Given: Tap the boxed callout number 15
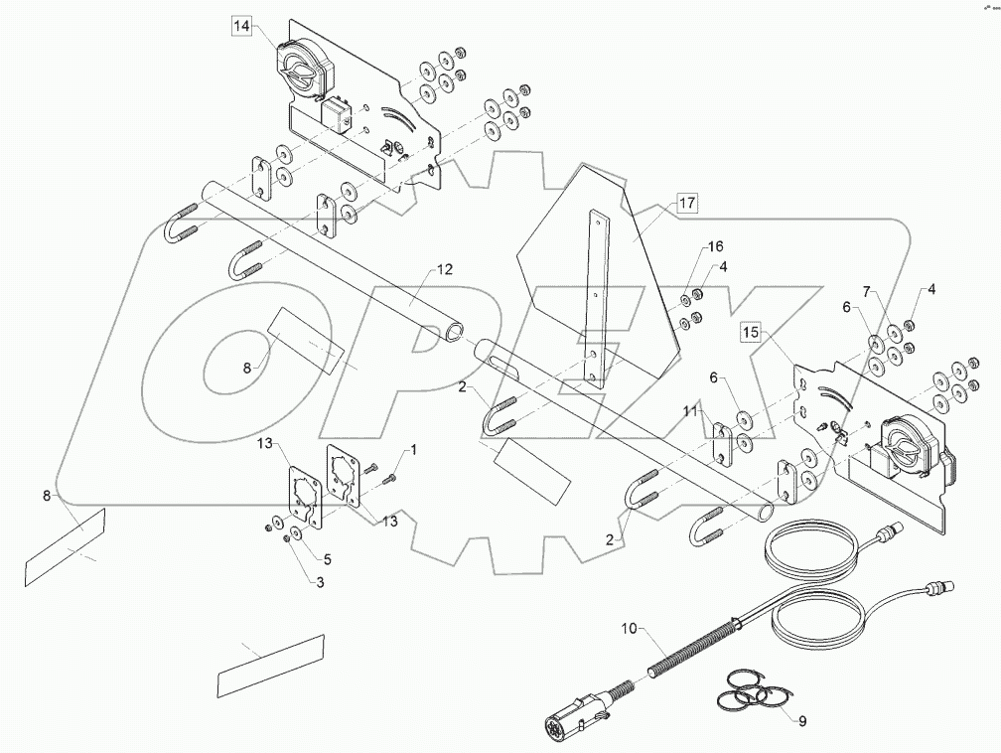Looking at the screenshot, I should (752, 331).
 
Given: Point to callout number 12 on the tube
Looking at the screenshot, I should (443, 269).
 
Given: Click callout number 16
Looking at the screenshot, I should (716, 246).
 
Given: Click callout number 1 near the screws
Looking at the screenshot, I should (413, 449).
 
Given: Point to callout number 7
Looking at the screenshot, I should (866, 291).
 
